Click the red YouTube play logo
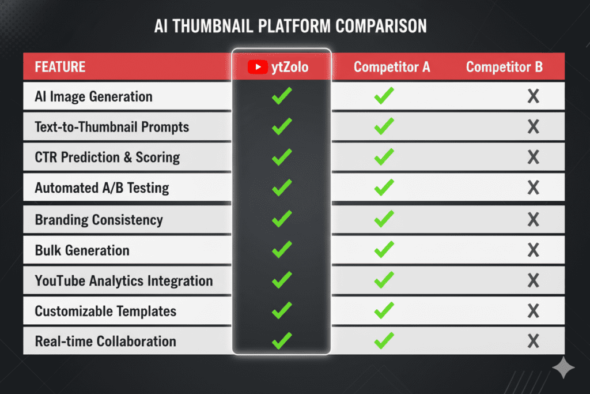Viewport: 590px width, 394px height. point(258,67)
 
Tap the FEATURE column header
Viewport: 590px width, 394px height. point(60,67)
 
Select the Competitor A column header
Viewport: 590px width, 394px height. point(392,67)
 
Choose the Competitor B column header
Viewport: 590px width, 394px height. point(504,67)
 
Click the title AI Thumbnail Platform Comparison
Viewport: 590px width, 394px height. point(290,26)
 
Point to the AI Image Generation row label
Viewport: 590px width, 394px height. point(94,97)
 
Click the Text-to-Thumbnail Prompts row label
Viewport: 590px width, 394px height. point(112,127)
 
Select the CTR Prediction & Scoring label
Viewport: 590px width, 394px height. point(107,157)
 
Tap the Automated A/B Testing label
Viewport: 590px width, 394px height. point(102,187)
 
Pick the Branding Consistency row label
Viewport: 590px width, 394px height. point(99,220)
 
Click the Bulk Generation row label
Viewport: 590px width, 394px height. point(82,250)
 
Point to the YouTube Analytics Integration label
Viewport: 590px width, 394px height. point(124,281)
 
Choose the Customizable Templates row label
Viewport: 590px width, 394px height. point(105,311)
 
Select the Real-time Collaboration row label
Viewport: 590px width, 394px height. point(105,342)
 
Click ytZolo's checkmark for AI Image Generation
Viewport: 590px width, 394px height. point(282,96)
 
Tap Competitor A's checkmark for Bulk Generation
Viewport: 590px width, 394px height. point(384,249)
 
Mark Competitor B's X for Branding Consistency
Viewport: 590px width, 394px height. point(533,219)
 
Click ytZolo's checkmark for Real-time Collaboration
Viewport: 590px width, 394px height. point(282,340)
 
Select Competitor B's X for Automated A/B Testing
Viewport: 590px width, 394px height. point(533,187)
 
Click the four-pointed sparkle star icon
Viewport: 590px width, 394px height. point(563,367)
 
